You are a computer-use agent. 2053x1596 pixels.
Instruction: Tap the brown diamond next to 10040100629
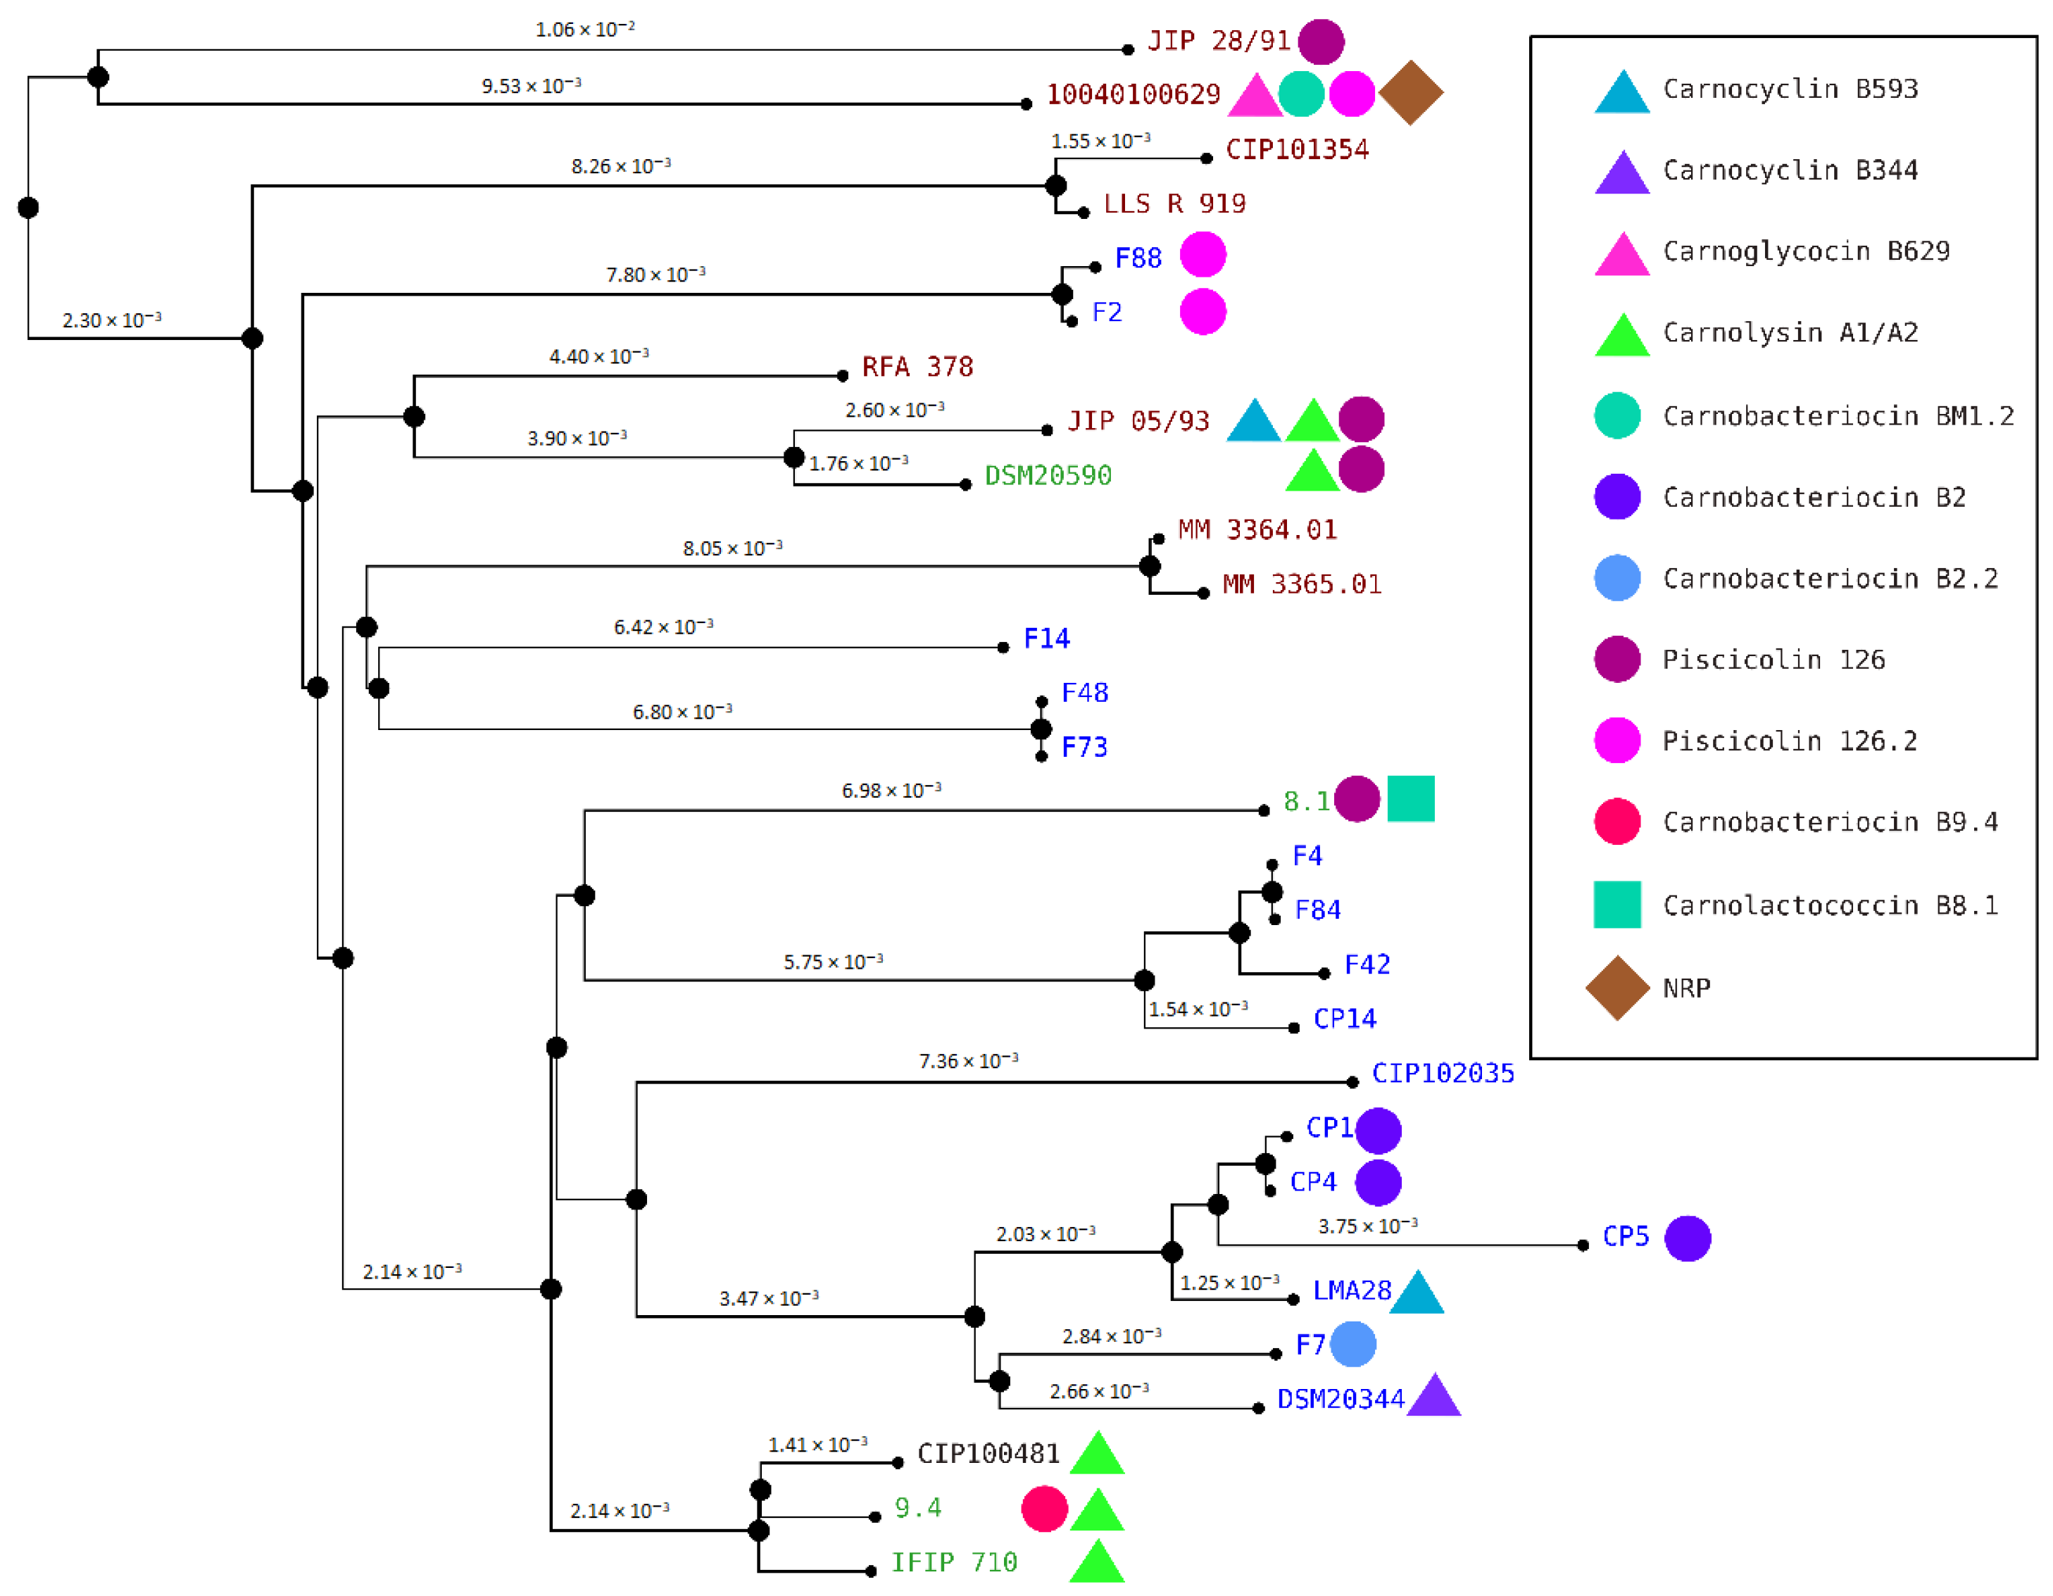(x=1410, y=92)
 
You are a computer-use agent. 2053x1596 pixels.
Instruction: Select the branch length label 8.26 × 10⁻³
(x=620, y=166)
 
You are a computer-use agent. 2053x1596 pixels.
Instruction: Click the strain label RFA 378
(x=917, y=367)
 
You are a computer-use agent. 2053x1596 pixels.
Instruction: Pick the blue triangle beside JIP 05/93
(x=1254, y=422)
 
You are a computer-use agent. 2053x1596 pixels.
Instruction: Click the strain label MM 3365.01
(x=1301, y=584)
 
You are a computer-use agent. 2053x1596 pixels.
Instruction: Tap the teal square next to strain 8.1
(x=1410, y=799)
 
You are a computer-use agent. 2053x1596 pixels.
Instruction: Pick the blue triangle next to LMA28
(x=1417, y=1293)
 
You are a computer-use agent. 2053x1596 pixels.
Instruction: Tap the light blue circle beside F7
(x=1352, y=1344)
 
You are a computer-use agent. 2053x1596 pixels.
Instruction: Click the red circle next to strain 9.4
(x=1044, y=1509)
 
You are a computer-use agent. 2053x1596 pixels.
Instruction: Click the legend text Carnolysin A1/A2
(x=1790, y=333)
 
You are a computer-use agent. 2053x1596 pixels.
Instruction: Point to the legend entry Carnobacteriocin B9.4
(x=1829, y=822)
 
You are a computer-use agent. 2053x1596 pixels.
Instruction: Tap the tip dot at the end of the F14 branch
(x=1003, y=647)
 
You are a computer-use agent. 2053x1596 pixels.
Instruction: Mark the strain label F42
(x=1366, y=964)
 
